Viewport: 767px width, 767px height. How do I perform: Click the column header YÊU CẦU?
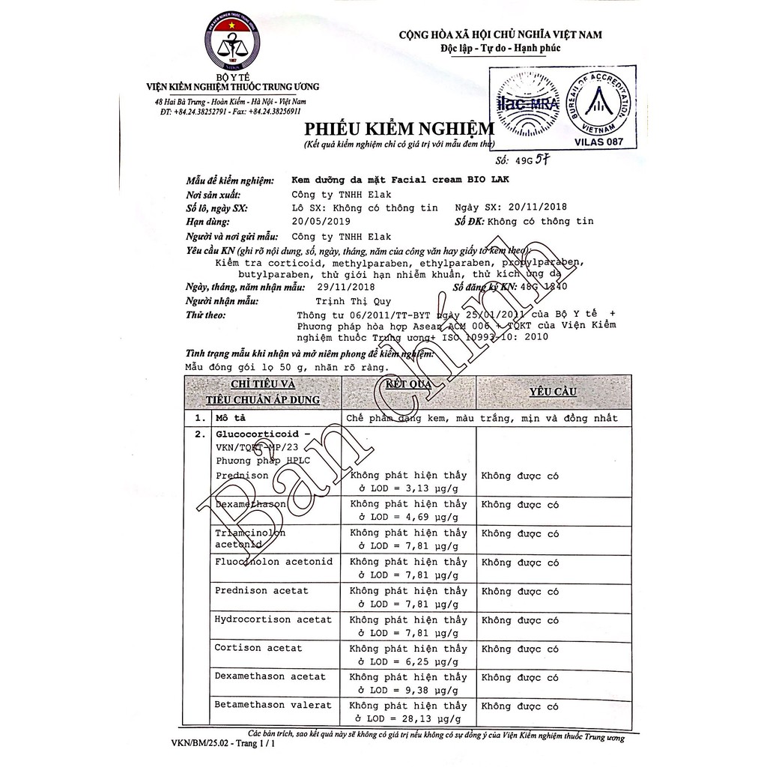(552, 392)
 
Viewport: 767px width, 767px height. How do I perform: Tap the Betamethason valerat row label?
(273, 705)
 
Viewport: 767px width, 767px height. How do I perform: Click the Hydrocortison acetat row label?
(273, 619)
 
